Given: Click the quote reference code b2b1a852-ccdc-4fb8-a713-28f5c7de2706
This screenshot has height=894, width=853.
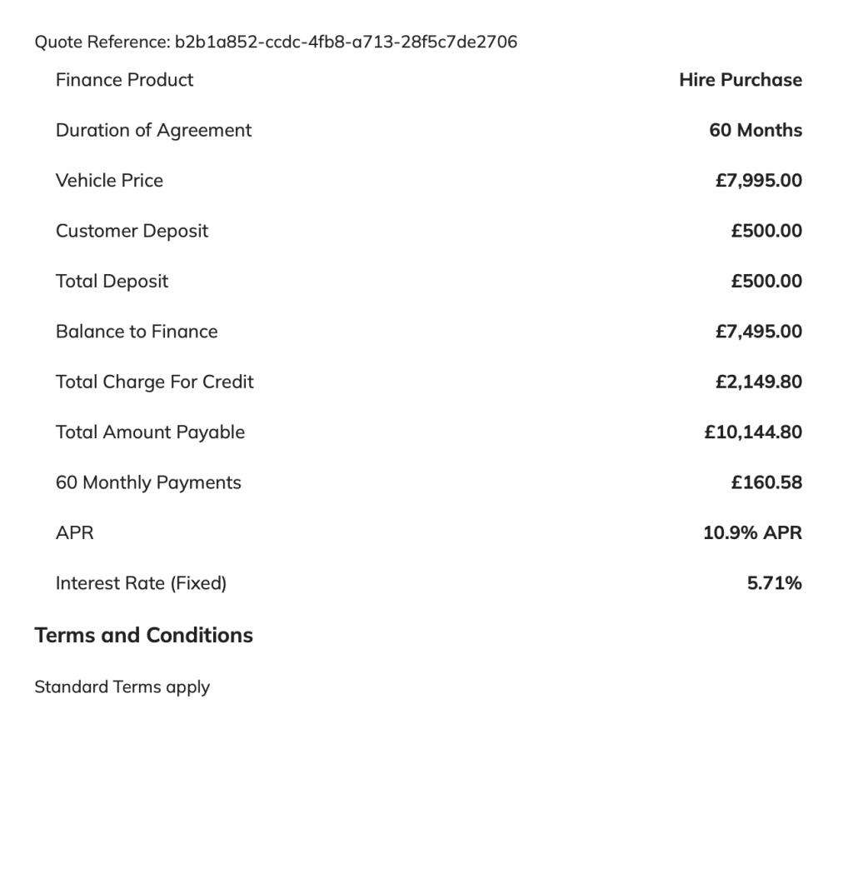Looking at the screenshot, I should pyautogui.click(x=346, y=42).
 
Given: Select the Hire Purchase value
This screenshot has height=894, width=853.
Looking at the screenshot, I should pyautogui.click(x=741, y=80).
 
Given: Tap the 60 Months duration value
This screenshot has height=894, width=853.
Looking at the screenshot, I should pyautogui.click(x=756, y=130).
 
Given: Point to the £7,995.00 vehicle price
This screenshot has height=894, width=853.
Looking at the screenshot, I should pyautogui.click(x=758, y=181).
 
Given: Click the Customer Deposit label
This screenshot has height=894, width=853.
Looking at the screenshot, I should pyautogui.click(x=132, y=231).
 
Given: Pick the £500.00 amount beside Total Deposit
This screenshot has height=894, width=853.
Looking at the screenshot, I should pyautogui.click(x=766, y=282).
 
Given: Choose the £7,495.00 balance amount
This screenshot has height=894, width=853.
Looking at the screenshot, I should pyautogui.click(x=758, y=332).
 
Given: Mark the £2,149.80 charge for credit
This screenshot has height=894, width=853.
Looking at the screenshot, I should pyautogui.click(x=758, y=382).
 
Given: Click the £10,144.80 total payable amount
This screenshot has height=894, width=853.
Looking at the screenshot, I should pyautogui.click(x=753, y=432).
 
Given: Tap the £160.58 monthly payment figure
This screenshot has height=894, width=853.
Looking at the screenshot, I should pyautogui.click(x=766, y=482).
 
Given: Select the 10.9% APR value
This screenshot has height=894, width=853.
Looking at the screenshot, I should pyautogui.click(x=752, y=533).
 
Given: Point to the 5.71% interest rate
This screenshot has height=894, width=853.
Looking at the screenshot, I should pyautogui.click(x=774, y=583).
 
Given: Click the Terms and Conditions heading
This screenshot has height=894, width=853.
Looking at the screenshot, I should pyautogui.click(x=143, y=635).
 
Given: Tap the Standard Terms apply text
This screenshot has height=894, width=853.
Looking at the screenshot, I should pyautogui.click(x=122, y=687).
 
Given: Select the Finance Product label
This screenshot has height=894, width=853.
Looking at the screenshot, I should pyautogui.click(x=124, y=80).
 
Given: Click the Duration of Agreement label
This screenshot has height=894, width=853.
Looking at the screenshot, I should pyautogui.click(x=153, y=130).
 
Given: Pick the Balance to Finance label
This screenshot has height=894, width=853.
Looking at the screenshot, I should pyautogui.click(x=137, y=332).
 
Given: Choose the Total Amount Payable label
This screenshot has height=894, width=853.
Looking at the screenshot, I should pyautogui.click(x=150, y=432).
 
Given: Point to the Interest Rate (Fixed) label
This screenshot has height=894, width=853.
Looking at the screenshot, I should pyautogui.click(x=141, y=583).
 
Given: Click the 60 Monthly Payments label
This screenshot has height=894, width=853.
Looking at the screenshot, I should pyautogui.click(x=148, y=482).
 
